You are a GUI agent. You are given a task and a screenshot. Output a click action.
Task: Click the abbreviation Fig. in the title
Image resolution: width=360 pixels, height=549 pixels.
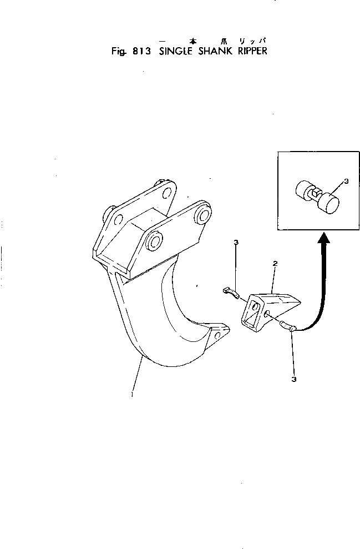click(118, 53)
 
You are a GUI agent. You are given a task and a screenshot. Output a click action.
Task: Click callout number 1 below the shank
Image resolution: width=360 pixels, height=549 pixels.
click(131, 395)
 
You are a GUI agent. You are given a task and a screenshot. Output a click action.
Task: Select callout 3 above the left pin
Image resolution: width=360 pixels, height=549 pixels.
click(236, 243)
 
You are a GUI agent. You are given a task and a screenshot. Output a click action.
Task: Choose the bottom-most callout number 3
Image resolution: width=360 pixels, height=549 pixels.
click(293, 380)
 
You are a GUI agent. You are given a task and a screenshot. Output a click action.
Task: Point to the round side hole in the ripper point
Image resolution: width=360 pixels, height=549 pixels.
click(267, 314)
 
